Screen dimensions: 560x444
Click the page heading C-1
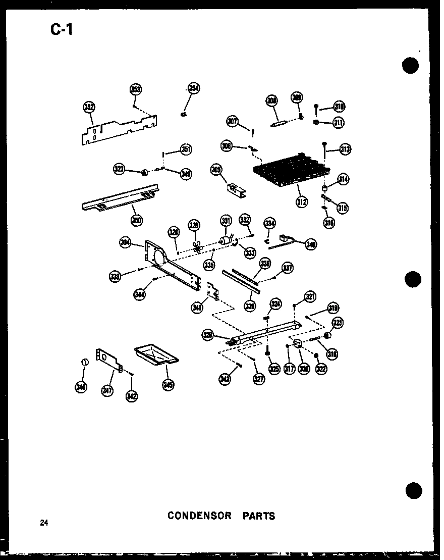click(x=62, y=30)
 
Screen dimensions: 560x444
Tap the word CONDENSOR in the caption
click(x=199, y=516)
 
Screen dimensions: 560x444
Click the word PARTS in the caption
click(x=259, y=516)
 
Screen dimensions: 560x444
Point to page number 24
click(x=45, y=523)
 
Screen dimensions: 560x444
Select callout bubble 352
click(x=89, y=108)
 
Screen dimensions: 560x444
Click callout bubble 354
click(x=194, y=88)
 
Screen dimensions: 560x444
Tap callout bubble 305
click(x=216, y=171)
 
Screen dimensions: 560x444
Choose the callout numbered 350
click(x=136, y=220)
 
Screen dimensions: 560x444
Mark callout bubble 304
click(x=126, y=242)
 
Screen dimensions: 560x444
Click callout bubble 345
click(x=168, y=385)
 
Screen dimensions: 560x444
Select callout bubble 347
click(x=107, y=389)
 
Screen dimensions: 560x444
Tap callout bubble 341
click(x=197, y=306)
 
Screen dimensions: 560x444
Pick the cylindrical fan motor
click(x=225, y=241)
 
